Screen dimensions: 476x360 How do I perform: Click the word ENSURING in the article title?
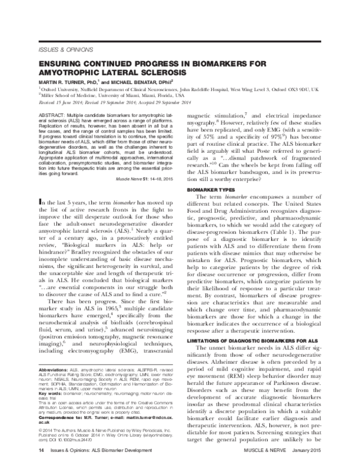click(x=64, y=62)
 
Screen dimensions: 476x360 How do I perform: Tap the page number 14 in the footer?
click(x=41, y=465)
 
